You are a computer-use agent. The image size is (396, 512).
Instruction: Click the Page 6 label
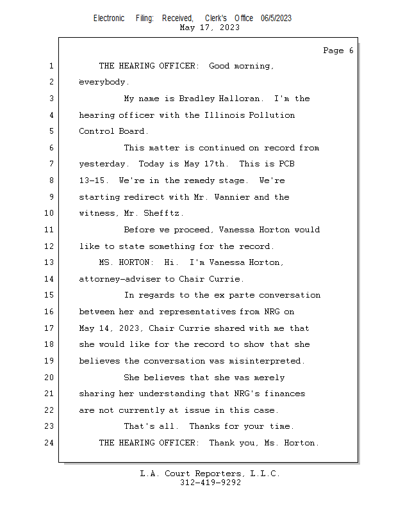click(338, 51)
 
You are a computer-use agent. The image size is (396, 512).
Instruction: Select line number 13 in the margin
click(51, 262)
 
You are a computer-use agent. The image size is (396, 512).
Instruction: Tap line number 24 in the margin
click(51, 443)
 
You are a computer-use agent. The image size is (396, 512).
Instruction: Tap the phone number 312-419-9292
click(210, 483)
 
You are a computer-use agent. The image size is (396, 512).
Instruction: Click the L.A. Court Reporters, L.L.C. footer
click(210, 474)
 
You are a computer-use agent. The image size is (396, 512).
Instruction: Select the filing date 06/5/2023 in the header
click(276, 19)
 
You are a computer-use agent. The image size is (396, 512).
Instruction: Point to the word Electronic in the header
click(109, 19)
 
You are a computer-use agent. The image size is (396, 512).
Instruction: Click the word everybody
click(103, 82)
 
